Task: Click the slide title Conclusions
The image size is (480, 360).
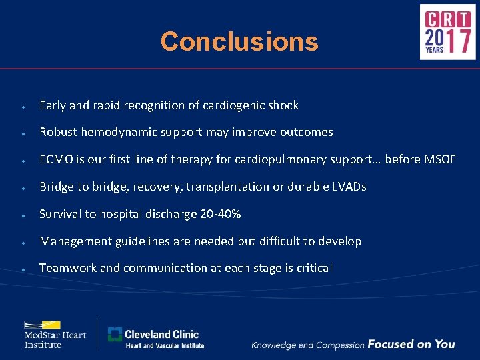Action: click(239, 41)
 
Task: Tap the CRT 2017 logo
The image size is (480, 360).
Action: click(447, 32)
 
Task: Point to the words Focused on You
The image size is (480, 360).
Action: click(411, 344)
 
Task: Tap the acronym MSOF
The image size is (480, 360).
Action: click(439, 159)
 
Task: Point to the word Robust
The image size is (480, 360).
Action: click(59, 132)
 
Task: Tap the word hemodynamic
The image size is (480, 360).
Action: click(117, 132)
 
